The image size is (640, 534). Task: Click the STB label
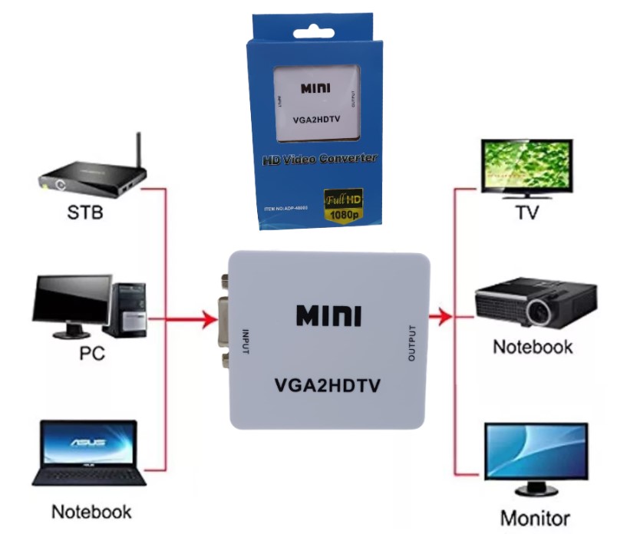pyautogui.click(x=84, y=212)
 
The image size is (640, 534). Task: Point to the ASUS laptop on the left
pyautogui.click(x=88, y=452)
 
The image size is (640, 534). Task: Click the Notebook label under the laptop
pyautogui.click(x=91, y=511)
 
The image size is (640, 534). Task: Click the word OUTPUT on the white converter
pyautogui.click(x=412, y=344)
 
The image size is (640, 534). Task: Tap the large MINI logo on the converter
pyautogui.click(x=328, y=315)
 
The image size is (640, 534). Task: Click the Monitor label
pyautogui.click(x=536, y=516)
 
